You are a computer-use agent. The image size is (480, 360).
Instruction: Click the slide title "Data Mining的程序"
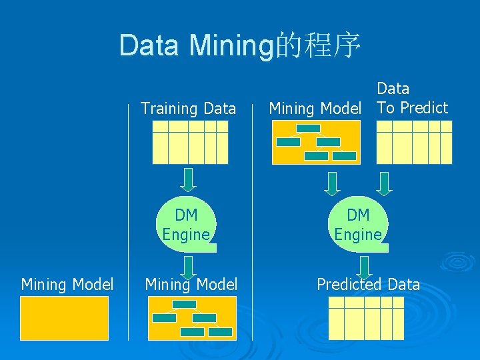(240, 46)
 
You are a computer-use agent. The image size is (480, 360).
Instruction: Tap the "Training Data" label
(188, 108)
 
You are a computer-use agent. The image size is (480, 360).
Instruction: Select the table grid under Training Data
(190, 142)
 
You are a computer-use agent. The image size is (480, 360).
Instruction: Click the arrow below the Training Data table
(189, 179)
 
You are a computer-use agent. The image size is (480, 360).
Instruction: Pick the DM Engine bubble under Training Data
(187, 225)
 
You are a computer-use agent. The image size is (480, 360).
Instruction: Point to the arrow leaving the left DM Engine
(189, 266)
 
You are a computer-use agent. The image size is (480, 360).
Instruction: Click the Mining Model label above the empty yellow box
(67, 285)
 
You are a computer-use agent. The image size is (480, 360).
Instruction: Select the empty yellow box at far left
(64, 318)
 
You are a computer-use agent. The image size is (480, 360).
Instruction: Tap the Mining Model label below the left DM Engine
(191, 285)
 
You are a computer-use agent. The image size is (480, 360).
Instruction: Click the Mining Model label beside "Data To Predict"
(315, 108)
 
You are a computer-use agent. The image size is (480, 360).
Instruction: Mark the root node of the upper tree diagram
(308, 128)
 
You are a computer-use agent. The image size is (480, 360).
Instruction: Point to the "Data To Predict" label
(412, 98)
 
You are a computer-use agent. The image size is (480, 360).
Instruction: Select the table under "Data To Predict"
(414, 142)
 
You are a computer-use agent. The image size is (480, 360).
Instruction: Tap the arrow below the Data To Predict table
(384, 182)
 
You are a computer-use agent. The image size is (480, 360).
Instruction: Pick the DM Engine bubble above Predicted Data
(359, 225)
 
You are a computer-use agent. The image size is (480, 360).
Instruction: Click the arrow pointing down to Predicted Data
(364, 267)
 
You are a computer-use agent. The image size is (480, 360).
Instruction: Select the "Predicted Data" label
(368, 285)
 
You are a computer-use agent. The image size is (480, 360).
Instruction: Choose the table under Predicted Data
(367, 318)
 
